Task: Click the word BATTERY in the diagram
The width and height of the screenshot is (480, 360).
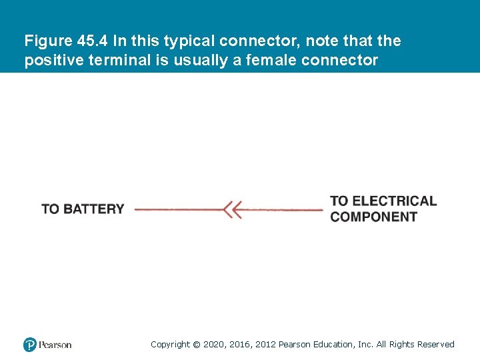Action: (93, 209)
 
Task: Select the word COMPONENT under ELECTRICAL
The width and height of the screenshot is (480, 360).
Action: (373, 217)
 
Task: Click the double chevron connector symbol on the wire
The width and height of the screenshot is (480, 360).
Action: (231, 209)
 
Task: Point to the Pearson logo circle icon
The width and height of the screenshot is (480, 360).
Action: (30, 345)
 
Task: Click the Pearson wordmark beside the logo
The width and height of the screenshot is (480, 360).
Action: (55, 345)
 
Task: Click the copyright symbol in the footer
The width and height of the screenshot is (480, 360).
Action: (196, 345)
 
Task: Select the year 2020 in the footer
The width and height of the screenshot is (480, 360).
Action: (213, 345)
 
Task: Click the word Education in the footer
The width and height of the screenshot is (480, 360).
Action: (331, 345)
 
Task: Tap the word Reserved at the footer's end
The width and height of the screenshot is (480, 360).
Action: (435, 345)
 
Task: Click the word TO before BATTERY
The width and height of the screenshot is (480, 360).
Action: (50, 209)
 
